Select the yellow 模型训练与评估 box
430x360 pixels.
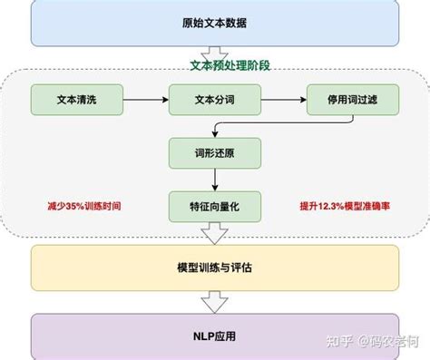click(x=215, y=268)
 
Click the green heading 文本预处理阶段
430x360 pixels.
click(x=214, y=65)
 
